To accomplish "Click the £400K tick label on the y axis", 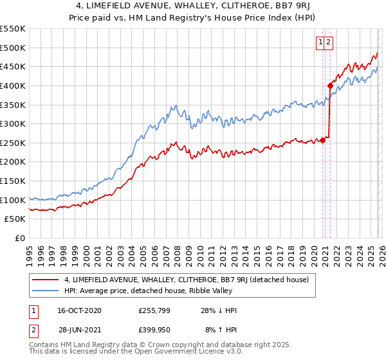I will point(13,85).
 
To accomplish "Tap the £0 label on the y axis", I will point(19,238).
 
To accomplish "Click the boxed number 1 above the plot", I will point(320,42).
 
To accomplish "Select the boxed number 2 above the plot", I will point(328,42).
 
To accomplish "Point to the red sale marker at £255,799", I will point(322,141).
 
